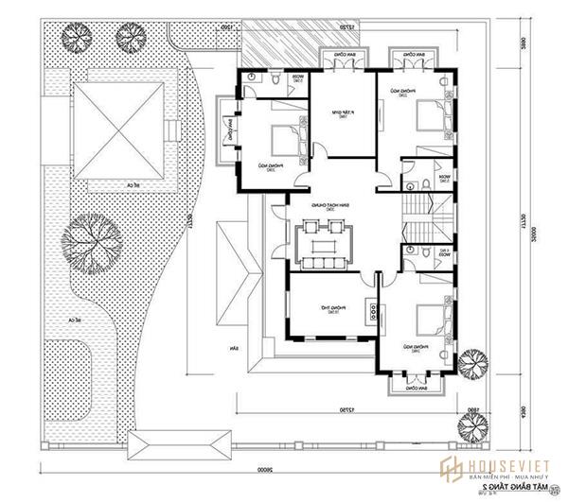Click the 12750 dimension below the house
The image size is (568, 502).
[x=327, y=408]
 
